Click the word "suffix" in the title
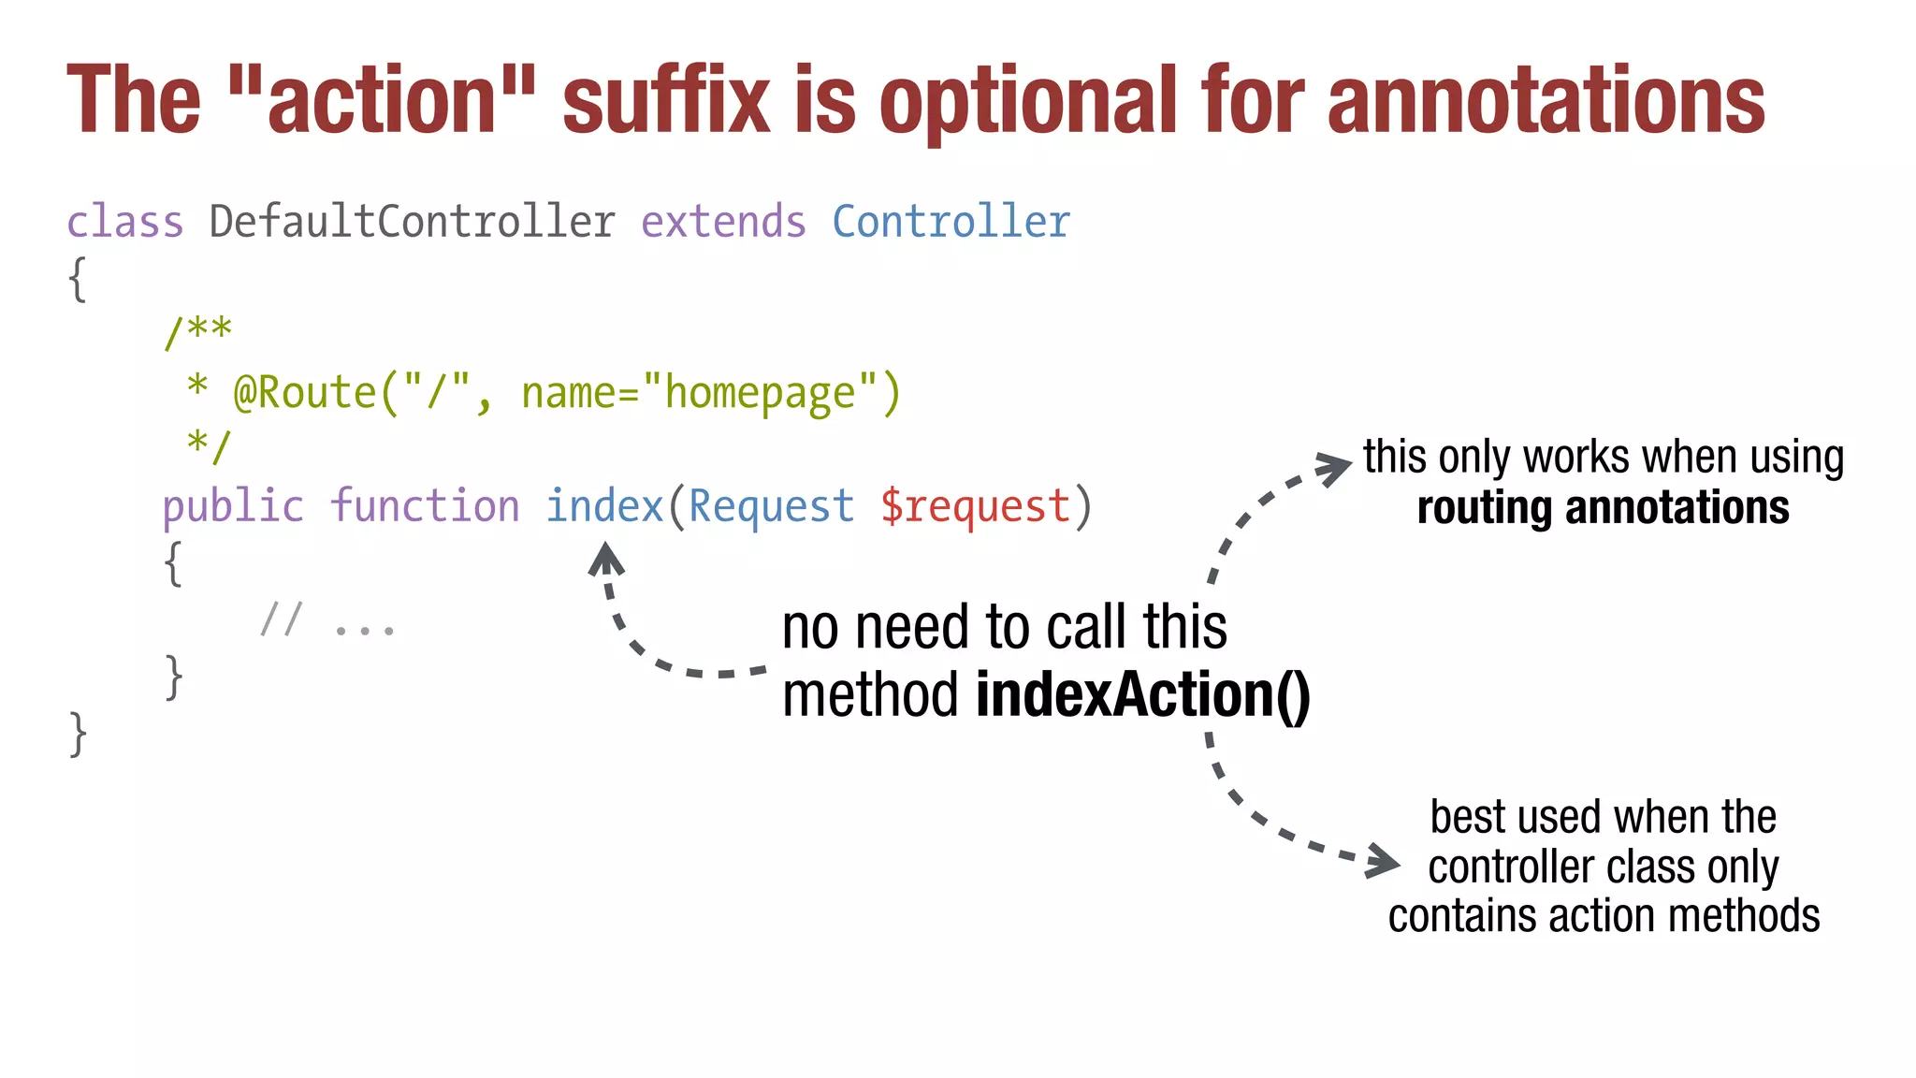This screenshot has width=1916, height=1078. pyautogui.click(x=665, y=101)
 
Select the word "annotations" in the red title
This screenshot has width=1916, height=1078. pyautogui.click(x=1546, y=101)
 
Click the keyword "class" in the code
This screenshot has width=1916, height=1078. pyautogui.click(x=125, y=223)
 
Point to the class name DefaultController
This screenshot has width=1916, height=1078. pyautogui.click(x=412, y=223)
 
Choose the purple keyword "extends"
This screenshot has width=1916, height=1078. pyautogui.click(x=723, y=223)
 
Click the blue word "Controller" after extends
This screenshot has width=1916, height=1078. pyautogui.click(x=951, y=223)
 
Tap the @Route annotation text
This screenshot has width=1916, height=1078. pyautogui.click(x=304, y=392)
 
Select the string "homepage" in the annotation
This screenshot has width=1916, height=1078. pyautogui.click(x=760, y=394)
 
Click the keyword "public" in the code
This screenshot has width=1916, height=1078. pyautogui.click(x=233, y=507)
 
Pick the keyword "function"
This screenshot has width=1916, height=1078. pyautogui.click(x=424, y=506)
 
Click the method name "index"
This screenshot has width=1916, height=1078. pyautogui.click(x=604, y=506)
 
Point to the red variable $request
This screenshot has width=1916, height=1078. pyautogui.click(x=975, y=507)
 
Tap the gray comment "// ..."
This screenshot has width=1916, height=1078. pyautogui.click(x=327, y=621)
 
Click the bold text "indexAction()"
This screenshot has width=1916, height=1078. pyautogui.click(x=1142, y=695)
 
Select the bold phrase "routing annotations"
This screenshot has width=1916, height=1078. pyautogui.click(x=1603, y=508)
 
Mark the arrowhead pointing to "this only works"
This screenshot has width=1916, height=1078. pyautogui.click(x=1333, y=468)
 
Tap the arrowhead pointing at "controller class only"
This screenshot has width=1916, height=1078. pyautogui.click(x=1382, y=862)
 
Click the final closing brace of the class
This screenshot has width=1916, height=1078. pyautogui.click(x=79, y=734)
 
